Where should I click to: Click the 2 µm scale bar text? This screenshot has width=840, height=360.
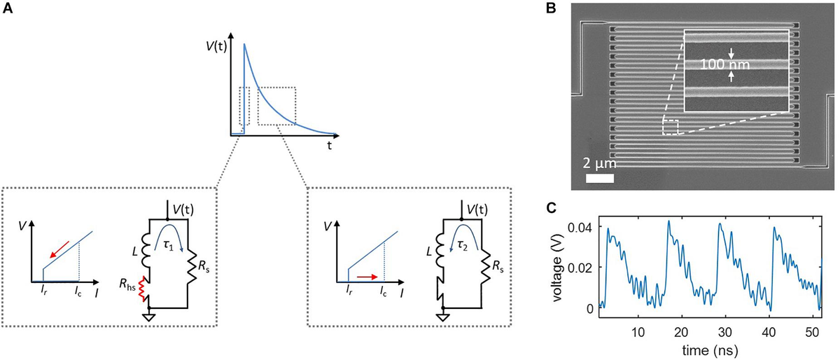point(600,164)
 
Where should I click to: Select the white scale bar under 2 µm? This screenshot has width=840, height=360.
point(600,178)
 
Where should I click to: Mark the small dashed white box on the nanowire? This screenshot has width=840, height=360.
point(670,127)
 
